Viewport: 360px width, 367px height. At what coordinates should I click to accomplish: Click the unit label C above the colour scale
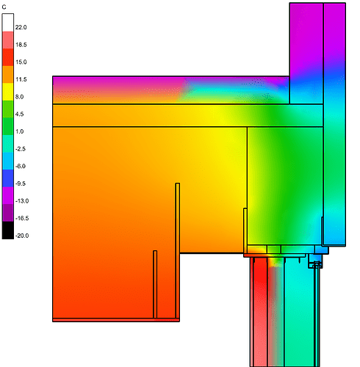click(x=4, y=6)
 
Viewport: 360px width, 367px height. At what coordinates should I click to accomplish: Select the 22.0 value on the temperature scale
click(x=21, y=27)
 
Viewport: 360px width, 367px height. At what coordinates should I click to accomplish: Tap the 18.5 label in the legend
click(x=21, y=45)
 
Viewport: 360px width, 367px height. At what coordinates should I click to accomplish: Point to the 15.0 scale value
click(x=21, y=62)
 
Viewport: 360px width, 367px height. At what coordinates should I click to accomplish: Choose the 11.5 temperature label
click(x=21, y=79)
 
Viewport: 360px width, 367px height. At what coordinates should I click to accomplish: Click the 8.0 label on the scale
click(x=20, y=97)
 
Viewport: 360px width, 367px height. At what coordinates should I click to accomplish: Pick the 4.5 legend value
click(x=20, y=114)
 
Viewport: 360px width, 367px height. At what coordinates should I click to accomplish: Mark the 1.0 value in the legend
click(x=20, y=131)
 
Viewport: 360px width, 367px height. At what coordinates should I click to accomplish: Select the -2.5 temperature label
click(x=21, y=149)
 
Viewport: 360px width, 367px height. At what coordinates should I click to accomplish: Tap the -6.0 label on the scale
click(x=21, y=166)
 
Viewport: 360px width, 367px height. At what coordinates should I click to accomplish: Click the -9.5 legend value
click(x=21, y=183)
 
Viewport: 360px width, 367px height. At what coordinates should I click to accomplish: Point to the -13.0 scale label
click(x=22, y=201)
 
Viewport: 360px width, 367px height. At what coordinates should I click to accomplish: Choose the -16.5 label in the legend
click(x=22, y=218)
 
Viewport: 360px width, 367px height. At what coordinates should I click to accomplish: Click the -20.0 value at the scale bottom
click(x=22, y=236)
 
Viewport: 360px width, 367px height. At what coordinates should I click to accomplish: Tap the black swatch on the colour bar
click(x=7, y=231)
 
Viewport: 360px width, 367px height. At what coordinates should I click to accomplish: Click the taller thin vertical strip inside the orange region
click(x=177, y=250)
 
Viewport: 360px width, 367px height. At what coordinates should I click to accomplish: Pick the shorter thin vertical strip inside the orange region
click(x=155, y=284)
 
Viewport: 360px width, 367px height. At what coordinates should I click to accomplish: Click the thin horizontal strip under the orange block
click(x=115, y=320)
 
